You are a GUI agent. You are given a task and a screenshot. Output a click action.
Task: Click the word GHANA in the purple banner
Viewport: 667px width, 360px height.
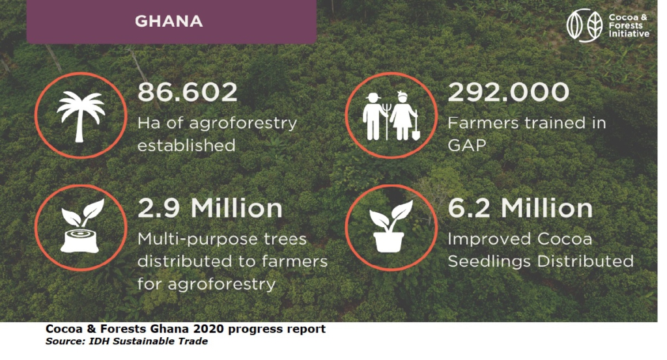(x=169, y=21)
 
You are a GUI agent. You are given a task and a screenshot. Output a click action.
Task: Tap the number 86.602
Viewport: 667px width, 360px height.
(x=187, y=92)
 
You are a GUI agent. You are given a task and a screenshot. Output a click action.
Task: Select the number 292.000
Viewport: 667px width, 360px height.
(x=508, y=92)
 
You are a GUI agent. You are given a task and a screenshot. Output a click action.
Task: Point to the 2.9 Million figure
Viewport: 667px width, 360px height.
(x=210, y=208)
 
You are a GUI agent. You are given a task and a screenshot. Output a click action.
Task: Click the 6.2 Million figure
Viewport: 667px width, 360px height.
(x=520, y=208)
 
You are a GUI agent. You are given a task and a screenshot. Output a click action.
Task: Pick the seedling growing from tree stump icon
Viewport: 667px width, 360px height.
(x=80, y=226)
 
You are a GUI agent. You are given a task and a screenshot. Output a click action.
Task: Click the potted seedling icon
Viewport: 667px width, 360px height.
(x=390, y=226)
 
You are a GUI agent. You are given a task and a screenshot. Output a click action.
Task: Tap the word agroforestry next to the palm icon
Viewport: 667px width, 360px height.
(x=243, y=124)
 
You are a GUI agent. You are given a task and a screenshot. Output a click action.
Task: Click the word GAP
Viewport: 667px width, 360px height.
(x=466, y=145)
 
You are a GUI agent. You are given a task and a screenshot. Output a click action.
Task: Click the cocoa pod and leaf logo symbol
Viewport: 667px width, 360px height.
(x=584, y=25)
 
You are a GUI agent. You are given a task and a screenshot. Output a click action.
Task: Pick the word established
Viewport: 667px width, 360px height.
(x=186, y=146)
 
